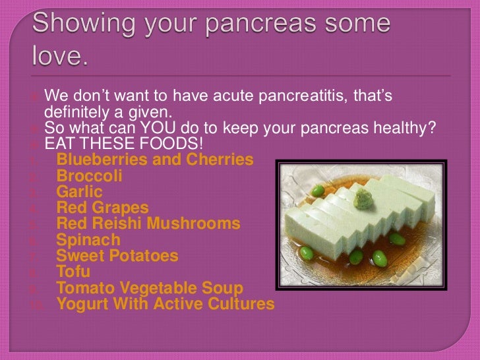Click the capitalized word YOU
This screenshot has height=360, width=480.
[x=156, y=127]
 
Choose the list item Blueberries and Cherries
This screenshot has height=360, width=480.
[x=155, y=160]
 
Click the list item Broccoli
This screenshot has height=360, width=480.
[x=89, y=176]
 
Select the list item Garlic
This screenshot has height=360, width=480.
[x=79, y=192]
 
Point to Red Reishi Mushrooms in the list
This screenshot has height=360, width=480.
[x=148, y=224]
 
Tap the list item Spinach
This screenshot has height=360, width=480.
[x=88, y=239]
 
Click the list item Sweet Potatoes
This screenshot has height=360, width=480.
[x=117, y=255]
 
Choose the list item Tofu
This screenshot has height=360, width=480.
[x=73, y=271]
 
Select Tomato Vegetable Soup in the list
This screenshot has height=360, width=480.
[x=150, y=288]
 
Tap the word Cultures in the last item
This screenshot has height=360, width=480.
[x=240, y=304]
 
